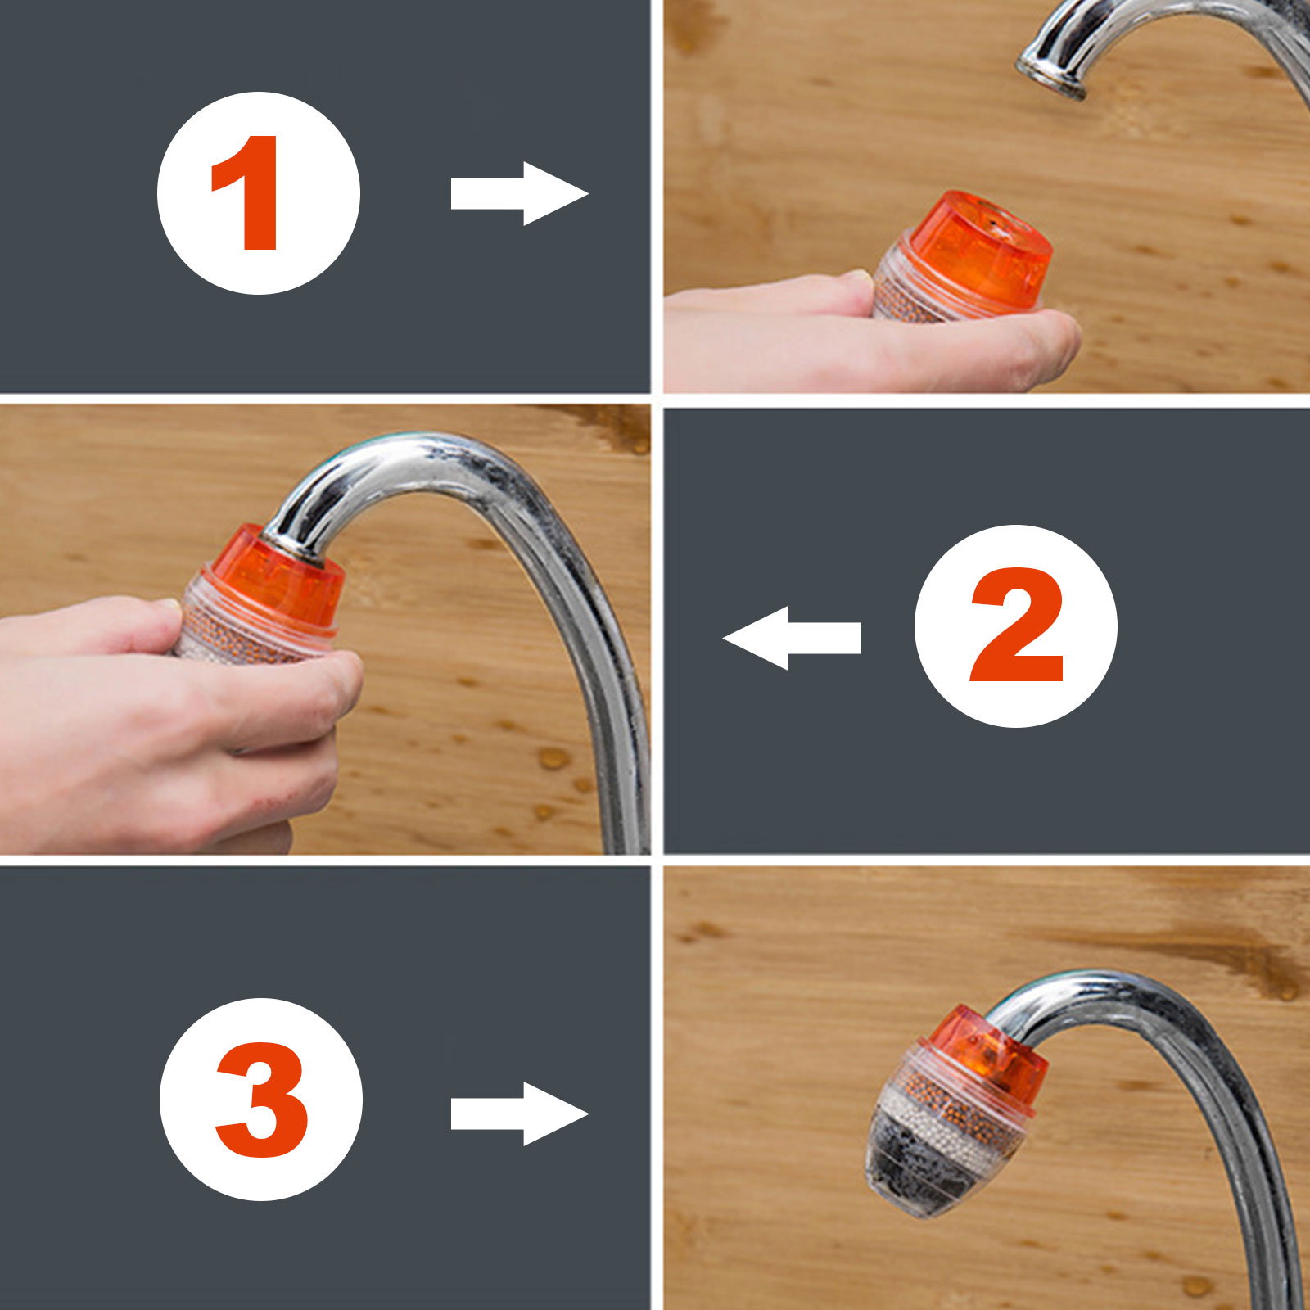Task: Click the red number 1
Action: tap(246, 193)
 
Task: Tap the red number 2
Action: tap(1016, 626)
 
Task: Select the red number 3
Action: tap(261, 1100)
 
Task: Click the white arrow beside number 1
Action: tap(519, 193)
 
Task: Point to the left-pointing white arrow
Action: tap(791, 638)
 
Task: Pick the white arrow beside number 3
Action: tap(519, 1113)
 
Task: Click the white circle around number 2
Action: tap(1015, 626)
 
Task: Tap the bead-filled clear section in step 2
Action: tap(246, 630)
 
